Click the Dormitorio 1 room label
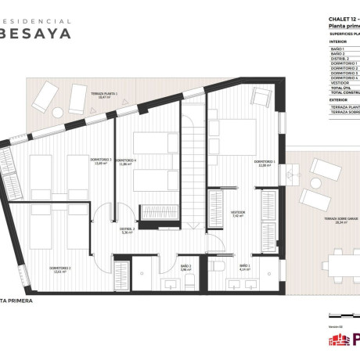(264, 164)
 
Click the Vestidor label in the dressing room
(238, 213)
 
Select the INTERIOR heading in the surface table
(339, 41)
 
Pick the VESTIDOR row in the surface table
(342, 82)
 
